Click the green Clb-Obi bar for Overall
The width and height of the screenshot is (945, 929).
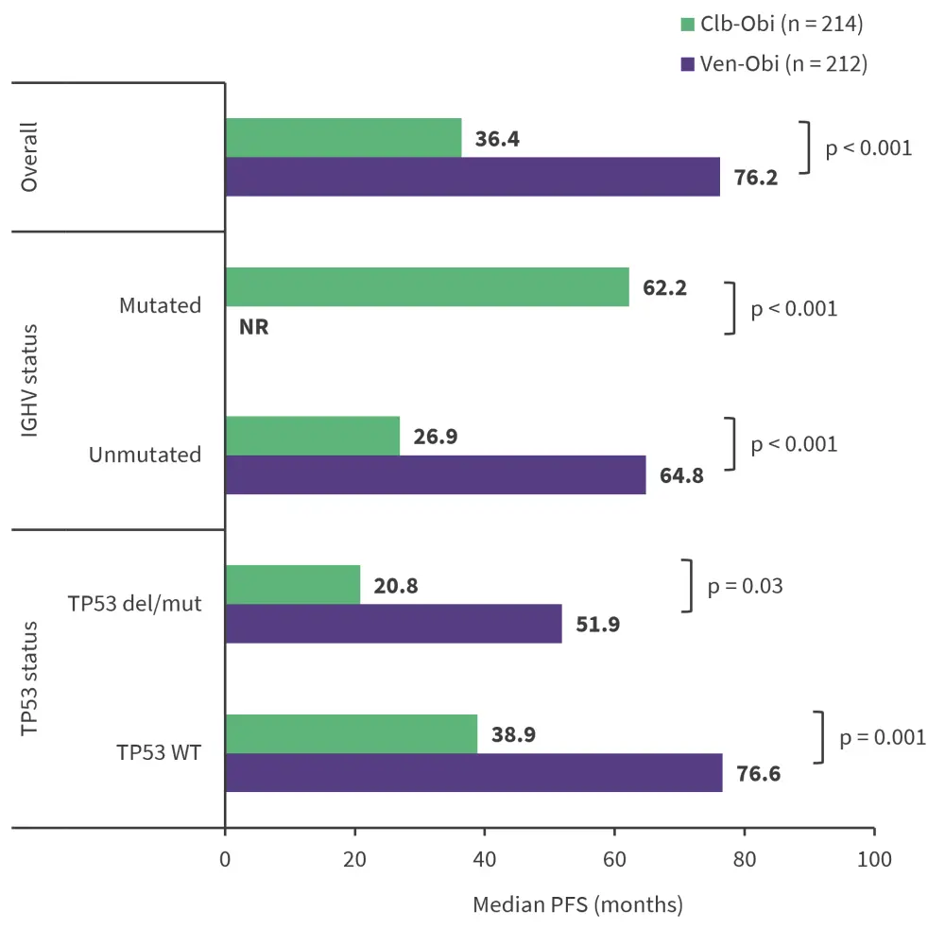pyautogui.click(x=343, y=138)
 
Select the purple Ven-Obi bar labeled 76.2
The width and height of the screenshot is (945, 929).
pyautogui.click(x=472, y=177)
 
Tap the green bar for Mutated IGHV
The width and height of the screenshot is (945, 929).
pyautogui.click(x=427, y=286)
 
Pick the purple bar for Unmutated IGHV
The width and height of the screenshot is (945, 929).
pyautogui.click(x=436, y=474)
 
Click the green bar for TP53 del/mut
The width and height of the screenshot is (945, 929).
pyautogui.click(x=293, y=585)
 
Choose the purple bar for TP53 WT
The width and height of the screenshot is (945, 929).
pyautogui.click(x=473, y=772)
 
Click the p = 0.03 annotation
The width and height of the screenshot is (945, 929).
pyautogui.click(x=745, y=586)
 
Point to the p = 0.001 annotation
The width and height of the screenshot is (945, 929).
pyautogui.click(x=875, y=736)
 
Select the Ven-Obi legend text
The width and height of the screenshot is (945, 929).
pyautogui.click(x=783, y=63)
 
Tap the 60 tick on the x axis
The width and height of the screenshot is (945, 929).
pyautogui.click(x=615, y=861)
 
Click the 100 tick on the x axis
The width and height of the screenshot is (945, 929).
pyautogui.click(x=874, y=861)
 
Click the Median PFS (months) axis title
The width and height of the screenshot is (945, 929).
pyautogui.click(x=577, y=904)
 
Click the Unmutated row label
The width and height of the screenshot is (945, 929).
pyautogui.click(x=145, y=455)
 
